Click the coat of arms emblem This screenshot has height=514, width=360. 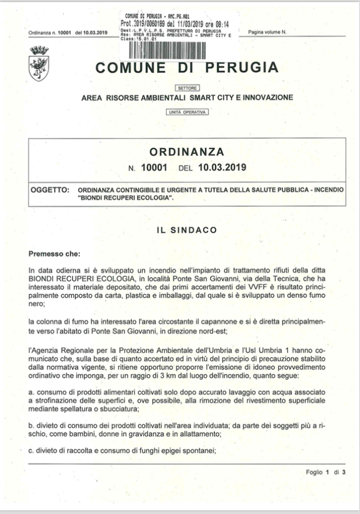tap(39, 64)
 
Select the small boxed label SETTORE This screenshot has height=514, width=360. tap(187, 87)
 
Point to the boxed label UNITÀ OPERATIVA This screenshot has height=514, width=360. tap(187, 112)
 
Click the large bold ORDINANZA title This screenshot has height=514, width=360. tap(187, 152)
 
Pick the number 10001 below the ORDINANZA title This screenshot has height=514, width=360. tap(154, 168)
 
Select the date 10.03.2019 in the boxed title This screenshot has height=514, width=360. tap(221, 168)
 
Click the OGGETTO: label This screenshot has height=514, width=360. tap(50, 190)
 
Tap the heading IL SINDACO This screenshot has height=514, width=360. tap(187, 230)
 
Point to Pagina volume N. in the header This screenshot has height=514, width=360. tap(267, 33)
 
